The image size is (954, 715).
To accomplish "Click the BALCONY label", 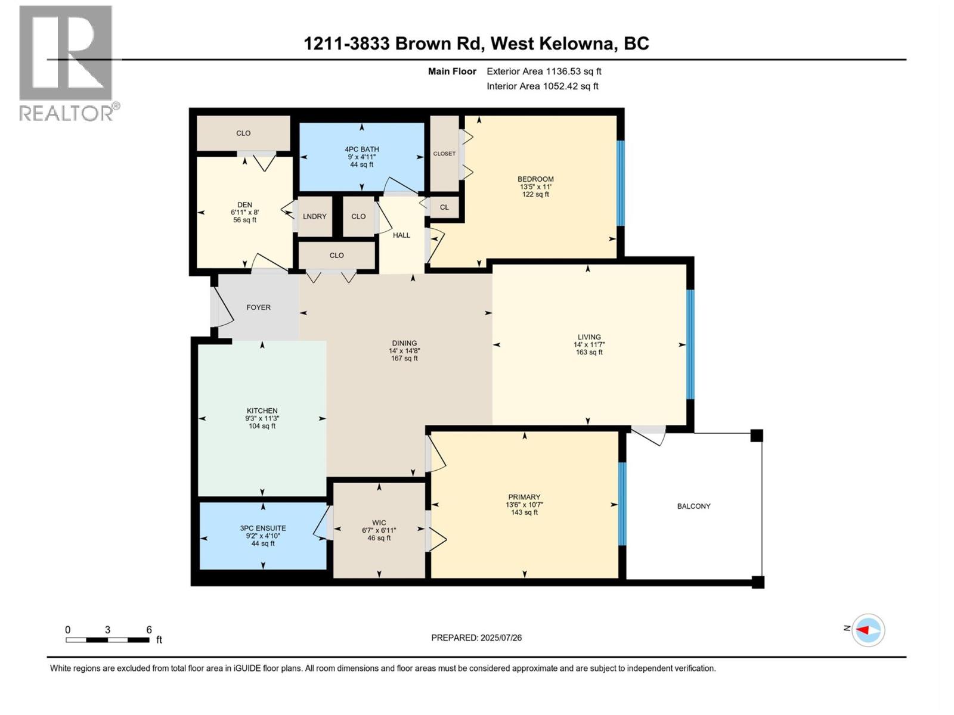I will tap(693, 506).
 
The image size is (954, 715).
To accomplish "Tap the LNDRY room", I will tap(314, 216).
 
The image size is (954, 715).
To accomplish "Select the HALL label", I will tap(401, 235).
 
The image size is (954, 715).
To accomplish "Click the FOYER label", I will tap(258, 307).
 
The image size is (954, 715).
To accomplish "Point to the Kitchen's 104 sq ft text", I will tap(262, 426).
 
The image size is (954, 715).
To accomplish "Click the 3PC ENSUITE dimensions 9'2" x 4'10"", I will tap(263, 536).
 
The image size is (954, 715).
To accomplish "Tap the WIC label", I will tap(379, 523).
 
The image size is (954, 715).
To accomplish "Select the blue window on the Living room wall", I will tap(690, 344).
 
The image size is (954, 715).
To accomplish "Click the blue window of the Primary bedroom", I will tap(622, 503).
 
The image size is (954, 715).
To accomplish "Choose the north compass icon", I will tap(868, 630).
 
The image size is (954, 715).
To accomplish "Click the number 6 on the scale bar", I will tap(149, 630).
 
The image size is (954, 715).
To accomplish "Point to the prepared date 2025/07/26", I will tap(501, 638).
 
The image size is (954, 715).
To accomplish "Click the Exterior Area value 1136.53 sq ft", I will tap(574, 71).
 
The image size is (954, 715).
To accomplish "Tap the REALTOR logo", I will tap(66, 63).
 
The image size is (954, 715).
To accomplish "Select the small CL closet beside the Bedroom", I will tap(444, 207).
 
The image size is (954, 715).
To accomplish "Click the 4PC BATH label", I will tap(361, 149).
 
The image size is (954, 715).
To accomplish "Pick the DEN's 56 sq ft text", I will tap(244, 220).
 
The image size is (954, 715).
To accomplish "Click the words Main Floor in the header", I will tap(452, 71).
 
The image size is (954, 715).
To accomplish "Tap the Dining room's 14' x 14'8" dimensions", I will tap(404, 351).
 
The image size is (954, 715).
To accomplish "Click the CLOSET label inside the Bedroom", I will tap(444, 154).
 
